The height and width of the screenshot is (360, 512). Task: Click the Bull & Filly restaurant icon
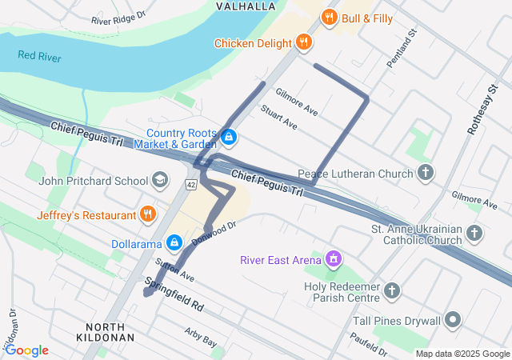(x=328, y=18)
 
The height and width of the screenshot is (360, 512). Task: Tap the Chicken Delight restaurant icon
(x=303, y=42)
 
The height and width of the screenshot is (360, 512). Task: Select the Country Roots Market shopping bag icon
(x=230, y=138)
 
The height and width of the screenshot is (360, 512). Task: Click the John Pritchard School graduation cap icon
(x=160, y=180)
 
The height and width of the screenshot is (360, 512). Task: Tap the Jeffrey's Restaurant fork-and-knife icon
(x=147, y=214)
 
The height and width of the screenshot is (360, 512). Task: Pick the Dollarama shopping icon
(x=174, y=242)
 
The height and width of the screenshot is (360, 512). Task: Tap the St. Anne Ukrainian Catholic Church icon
(x=475, y=234)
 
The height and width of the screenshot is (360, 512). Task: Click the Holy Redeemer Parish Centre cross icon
(x=392, y=290)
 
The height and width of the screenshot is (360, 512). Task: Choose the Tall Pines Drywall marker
(x=454, y=321)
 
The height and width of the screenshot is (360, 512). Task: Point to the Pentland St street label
(x=401, y=49)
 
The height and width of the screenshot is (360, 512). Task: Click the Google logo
(x=26, y=350)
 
